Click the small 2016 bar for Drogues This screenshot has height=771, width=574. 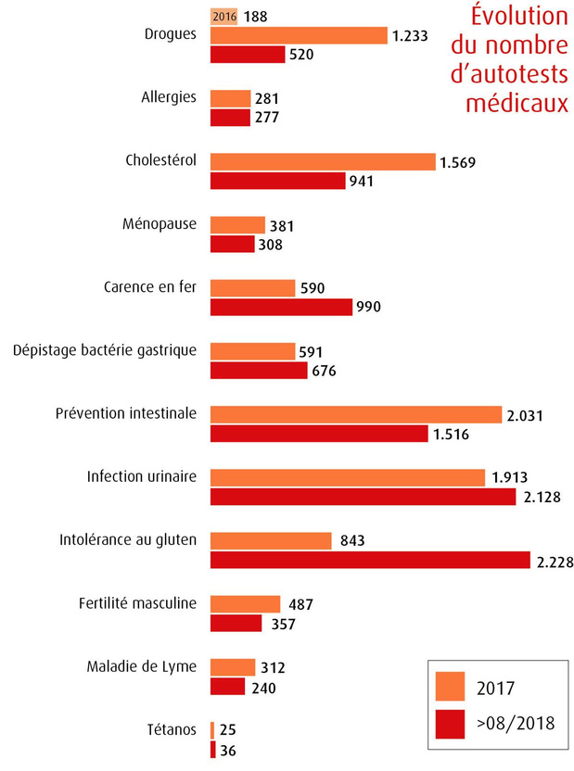[223, 17]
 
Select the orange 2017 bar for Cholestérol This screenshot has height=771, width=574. [323, 162]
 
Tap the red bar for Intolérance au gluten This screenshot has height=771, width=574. [370, 560]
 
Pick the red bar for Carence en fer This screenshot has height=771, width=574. [281, 307]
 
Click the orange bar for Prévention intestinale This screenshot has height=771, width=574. [356, 414]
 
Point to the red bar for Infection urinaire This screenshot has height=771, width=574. [363, 497]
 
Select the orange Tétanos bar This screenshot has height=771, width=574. [212, 730]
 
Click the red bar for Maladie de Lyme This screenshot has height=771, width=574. [228, 687]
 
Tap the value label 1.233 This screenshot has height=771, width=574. [410, 36]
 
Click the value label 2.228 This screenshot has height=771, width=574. [555, 562]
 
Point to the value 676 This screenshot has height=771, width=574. [325, 371]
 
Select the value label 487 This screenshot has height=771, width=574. [300, 604]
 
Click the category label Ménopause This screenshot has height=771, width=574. [159, 224]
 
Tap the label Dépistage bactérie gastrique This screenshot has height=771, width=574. [105, 350]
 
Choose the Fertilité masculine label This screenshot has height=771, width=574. [138, 603]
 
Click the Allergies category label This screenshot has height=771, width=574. [169, 97]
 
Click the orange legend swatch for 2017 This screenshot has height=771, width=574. [450, 686]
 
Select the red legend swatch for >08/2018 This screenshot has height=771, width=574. [450, 724]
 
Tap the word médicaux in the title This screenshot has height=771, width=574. [517, 103]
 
